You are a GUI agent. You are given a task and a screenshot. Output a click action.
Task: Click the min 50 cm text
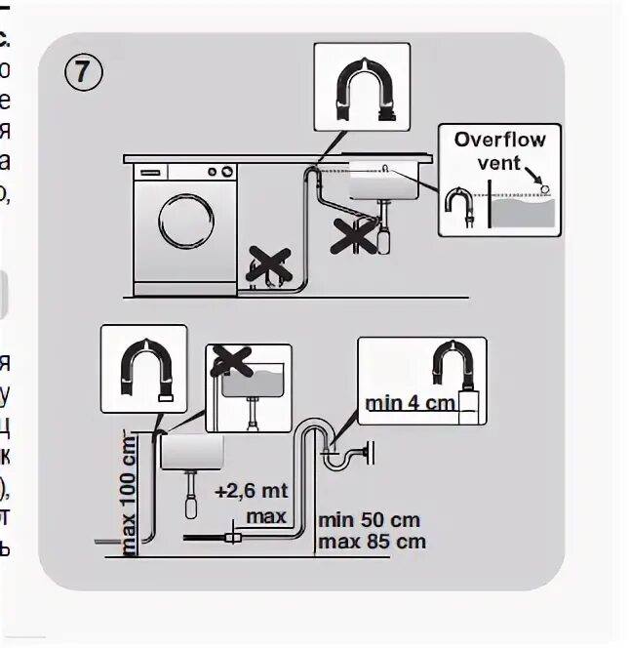click(370, 523)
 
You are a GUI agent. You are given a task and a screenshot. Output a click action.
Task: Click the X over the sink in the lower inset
click(230, 360)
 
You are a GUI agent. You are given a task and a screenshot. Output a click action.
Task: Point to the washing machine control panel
click(185, 172)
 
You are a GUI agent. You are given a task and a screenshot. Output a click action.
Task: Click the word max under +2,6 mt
click(265, 514)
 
